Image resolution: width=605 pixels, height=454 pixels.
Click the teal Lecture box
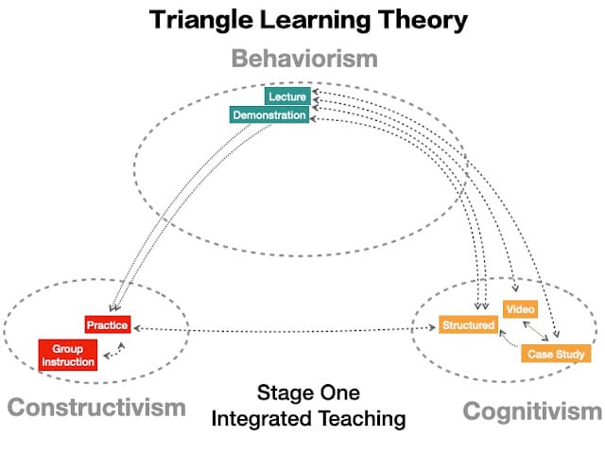click(287, 96)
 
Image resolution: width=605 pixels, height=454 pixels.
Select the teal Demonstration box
click(269, 115)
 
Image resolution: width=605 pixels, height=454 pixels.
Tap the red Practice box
click(108, 324)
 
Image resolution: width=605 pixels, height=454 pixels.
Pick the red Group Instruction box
click(68, 356)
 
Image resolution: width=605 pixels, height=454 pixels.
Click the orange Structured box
click(469, 324)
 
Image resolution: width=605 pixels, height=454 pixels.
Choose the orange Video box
click(521, 309)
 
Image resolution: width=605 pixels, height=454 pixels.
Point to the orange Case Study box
click(556, 354)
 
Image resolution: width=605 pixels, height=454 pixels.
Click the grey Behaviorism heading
click(304, 59)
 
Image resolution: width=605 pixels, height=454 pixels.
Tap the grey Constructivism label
click(96, 408)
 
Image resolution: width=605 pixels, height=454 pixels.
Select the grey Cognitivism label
click(532, 411)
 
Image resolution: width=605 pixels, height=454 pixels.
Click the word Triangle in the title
click(200, 20)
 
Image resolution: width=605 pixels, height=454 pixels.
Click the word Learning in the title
click(315, 20)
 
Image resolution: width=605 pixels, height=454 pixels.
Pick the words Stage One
click(309, 393)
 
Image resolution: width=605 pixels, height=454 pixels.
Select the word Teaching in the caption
click(362, 418)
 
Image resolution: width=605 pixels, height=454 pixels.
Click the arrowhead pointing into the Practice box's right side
click(136, 328)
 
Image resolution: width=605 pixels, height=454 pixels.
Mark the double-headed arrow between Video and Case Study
click(536, 331)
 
